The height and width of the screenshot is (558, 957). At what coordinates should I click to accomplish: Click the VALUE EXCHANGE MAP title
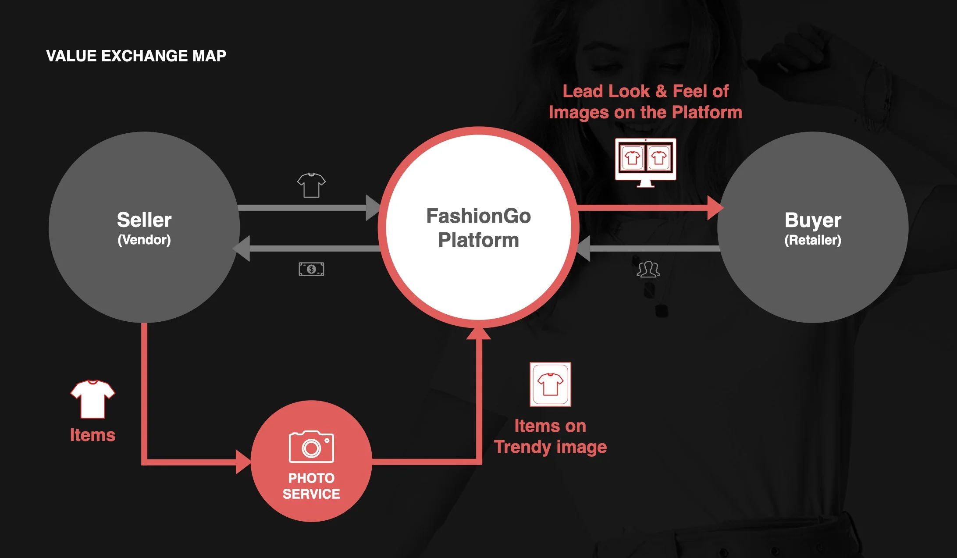(136, 56)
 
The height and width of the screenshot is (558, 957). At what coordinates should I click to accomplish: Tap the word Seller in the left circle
(144, 220)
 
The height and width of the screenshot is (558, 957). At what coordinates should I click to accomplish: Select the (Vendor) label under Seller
(144, 240)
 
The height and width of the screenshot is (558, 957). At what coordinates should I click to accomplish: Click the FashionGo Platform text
(478, 228)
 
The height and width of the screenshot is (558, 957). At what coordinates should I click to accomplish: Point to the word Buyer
(812, 220)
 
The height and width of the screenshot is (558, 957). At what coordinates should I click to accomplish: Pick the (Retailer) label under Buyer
(812, 240)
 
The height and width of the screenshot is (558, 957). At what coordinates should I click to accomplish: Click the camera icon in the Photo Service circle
(311, 447)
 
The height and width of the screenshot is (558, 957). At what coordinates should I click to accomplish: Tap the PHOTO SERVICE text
(311, 486)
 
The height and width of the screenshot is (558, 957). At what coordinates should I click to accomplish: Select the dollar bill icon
(311, 269)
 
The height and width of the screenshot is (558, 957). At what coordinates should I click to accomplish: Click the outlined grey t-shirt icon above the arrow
(311, 185)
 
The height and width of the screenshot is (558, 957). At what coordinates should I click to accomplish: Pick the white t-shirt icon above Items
(92, 399)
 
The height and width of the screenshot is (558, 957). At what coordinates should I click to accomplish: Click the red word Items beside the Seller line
(92, 435)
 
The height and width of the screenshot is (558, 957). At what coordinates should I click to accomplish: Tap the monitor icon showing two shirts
(645, 161)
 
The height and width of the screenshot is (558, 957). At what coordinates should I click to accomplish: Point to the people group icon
(648, 269)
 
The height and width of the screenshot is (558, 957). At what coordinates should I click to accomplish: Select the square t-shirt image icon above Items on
(550, 384)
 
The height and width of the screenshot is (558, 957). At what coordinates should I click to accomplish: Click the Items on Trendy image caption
(550, 437)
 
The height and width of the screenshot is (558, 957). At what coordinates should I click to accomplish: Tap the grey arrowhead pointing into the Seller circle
(242, 249)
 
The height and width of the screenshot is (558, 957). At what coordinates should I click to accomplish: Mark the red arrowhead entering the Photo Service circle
(243, 462)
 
